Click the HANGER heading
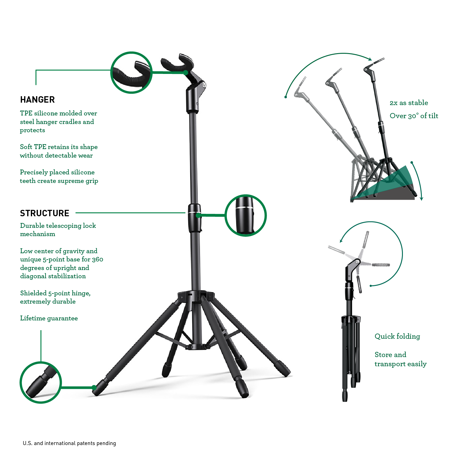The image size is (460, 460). [37, 100]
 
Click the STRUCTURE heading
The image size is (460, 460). [45, 213]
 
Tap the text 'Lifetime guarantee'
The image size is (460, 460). [49, 318]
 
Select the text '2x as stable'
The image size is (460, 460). [409, 103]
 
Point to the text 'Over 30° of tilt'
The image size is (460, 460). [414, 116]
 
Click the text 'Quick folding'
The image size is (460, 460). [397, 336]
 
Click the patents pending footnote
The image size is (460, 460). [69, 443]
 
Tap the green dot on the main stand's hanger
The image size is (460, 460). [186, 72]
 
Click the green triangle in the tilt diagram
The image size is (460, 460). [388, 183]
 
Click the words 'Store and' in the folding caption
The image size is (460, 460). [390, 355]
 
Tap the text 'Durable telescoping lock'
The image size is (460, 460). [58, 226]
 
